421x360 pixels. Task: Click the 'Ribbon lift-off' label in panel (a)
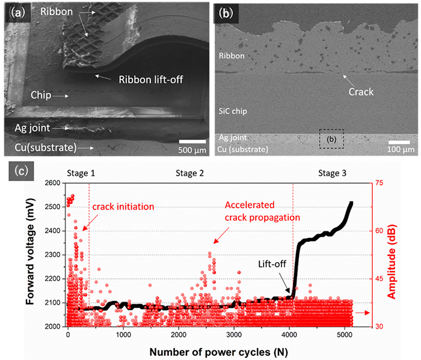[152, 79]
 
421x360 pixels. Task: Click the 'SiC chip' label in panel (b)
[235, 112]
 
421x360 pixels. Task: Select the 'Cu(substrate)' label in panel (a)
[46, 147]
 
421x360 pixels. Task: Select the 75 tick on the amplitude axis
[381, 183]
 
